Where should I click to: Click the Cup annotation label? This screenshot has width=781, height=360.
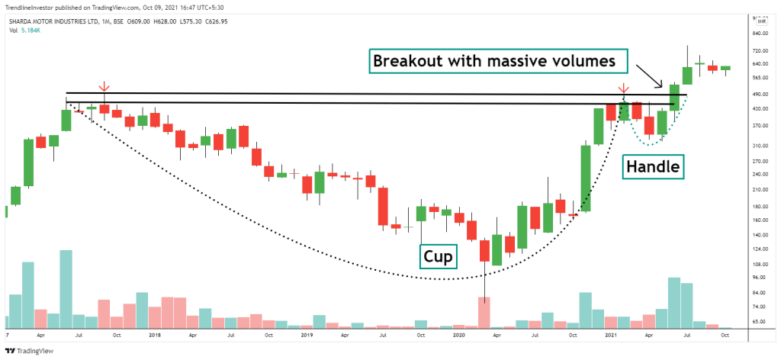click(x=438, y=257)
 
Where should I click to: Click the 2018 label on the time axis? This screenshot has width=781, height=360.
click(x=155, y=334)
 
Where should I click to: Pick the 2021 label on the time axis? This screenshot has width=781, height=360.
click(x=610, y=334)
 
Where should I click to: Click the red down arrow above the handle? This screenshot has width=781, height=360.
click(x=624, y=88)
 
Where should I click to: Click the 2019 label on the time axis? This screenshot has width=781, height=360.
click(x=307, y=334)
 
